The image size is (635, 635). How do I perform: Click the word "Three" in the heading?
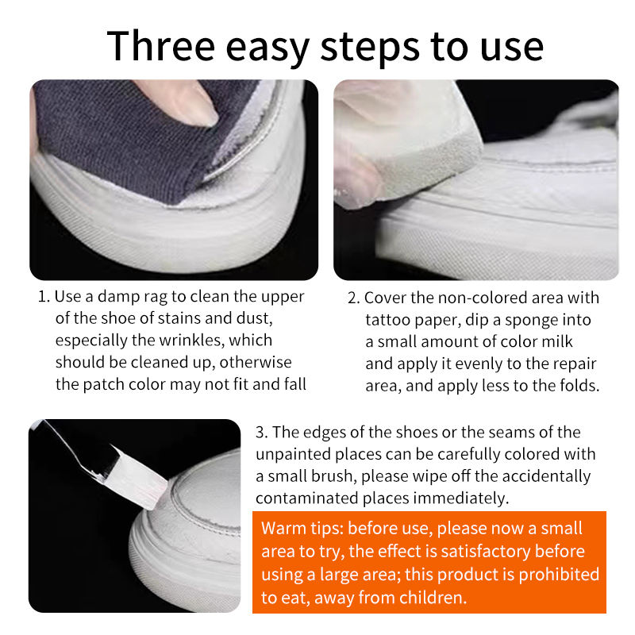[x=161, y=46]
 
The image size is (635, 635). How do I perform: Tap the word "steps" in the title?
[x=370, y=48]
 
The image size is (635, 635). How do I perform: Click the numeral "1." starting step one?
[x=44, y=297]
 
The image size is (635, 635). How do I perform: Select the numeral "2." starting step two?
[x=353, y=298]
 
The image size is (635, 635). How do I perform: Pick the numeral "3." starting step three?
[x=262, y=433]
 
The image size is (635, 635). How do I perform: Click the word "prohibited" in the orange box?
[x=559, y=575]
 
